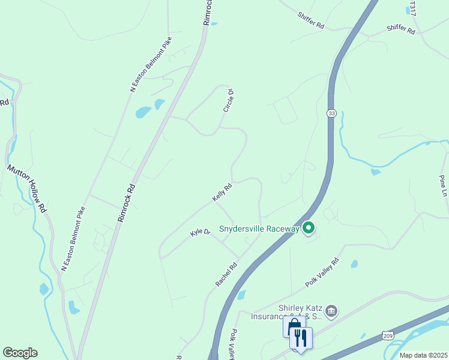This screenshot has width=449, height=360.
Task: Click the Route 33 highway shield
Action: (331, 113)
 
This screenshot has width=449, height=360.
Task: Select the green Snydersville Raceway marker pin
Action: (309, 228)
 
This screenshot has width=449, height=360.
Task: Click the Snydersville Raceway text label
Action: (259, 229)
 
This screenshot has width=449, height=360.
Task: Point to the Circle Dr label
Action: (228, 100)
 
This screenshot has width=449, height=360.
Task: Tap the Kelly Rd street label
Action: (221, 193)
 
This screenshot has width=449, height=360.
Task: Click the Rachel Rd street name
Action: (226, 275)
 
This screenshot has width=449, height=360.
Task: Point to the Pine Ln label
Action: (443, 185)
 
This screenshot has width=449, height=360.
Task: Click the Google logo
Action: (20, 352)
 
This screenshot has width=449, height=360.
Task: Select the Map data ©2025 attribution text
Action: (423, 355)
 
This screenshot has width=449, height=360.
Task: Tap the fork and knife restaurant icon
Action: (300, 337)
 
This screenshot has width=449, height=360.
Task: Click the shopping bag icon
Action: (292, 327)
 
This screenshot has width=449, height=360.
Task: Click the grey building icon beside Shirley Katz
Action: (331, 311)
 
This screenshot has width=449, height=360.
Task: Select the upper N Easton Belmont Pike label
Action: (151, 65)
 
